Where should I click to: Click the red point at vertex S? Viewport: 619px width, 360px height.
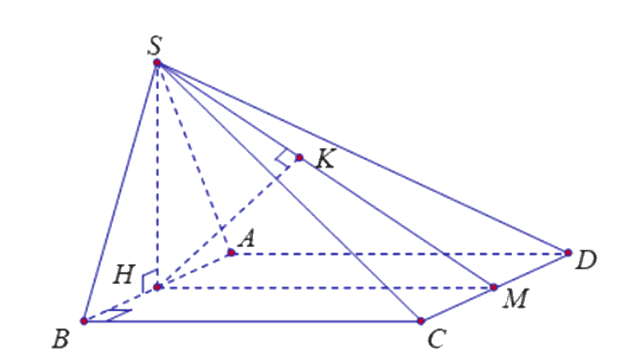click(157, 62)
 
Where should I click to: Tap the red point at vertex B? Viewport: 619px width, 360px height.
click(84, 321)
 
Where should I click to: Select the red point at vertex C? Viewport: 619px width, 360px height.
click(421, 321)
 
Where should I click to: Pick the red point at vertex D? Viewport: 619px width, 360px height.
click(568, 252)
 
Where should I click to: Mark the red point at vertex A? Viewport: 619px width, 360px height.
click(232, 252)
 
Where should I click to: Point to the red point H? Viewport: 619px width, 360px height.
click(157, 287)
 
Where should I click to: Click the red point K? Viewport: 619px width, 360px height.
click(299, 158)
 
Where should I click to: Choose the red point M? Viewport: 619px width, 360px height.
click(493, 287)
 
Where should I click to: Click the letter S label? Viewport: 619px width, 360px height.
click(155, 45)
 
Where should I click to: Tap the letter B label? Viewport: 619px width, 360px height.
click(61, 339)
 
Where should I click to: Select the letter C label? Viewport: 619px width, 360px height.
click(437, 339)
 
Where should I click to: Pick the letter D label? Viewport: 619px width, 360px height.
click(586, 261)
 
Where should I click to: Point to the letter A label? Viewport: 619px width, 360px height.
click(248, 239)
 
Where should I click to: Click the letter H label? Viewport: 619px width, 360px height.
click(124, 274)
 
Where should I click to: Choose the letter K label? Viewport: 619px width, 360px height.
click(326, 160)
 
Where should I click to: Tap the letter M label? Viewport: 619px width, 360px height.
click(516, 298)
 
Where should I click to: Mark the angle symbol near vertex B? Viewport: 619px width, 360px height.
click(119, 315)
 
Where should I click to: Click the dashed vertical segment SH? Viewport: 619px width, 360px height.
click(157, 174)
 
